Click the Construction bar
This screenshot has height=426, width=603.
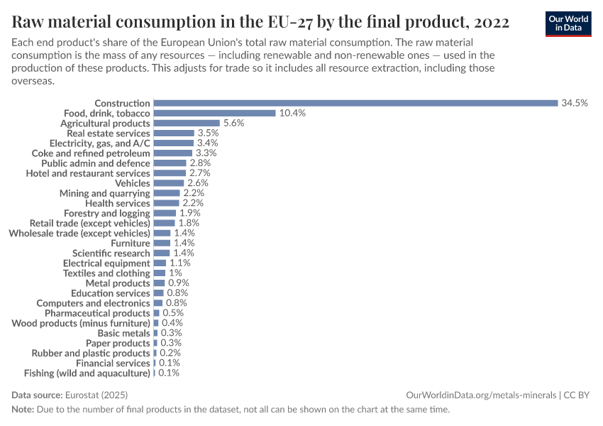click(x=355, y=103)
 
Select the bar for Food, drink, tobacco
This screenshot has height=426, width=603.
click(x=214, y=113)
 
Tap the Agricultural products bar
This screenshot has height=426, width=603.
click(x=187, y=123)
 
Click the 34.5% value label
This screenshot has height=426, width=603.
click(x=575, y=103)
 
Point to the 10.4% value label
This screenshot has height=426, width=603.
click(x=292, y=113)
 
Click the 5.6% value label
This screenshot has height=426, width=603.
click(x=233, y=123)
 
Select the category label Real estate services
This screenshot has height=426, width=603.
click(x=108, y=133)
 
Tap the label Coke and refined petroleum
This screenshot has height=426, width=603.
click(x=91, y=153)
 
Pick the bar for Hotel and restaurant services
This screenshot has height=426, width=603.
click(x=170, y=173)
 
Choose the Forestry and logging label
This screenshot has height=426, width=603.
click(x=106, y=213)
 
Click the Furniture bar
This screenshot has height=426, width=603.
click(x=162, y=243)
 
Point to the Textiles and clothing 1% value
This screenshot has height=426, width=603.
click(x=175, y=273)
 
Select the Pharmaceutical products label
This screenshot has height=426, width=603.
click(x=97, y=312)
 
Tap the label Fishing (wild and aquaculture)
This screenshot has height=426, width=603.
click(x=87, y=373)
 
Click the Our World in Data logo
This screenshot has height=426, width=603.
click(x=569, y=23)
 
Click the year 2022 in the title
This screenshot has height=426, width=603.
click(x=488, y=22)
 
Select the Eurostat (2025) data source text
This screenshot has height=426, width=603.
click(x=96, y=395)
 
